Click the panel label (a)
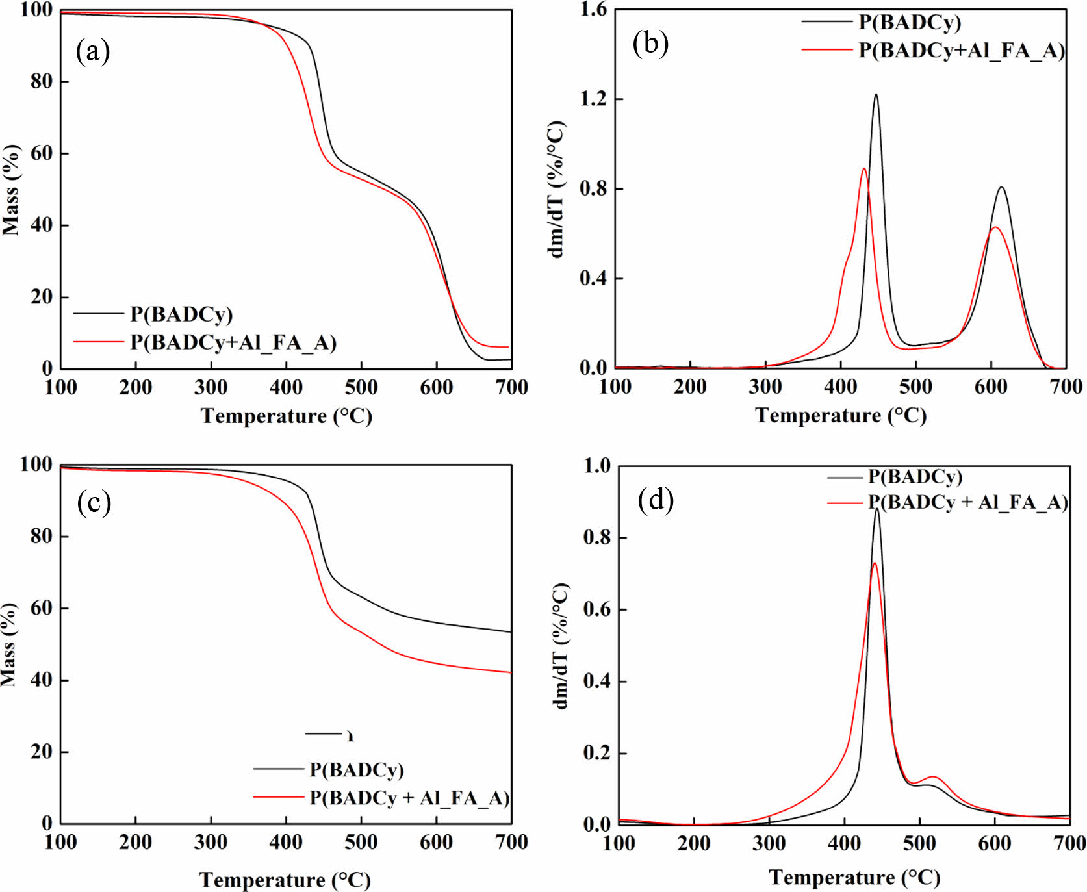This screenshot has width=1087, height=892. tap(92, 51)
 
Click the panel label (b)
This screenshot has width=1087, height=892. tap(650, 44)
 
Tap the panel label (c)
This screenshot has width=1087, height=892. tap(94, 502)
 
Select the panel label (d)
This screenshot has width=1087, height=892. tap(656, 500)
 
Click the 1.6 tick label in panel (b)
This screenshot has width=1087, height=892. tap(593, 10)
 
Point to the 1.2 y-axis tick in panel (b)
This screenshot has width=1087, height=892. tap(593, 99)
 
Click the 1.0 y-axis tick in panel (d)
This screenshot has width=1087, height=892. tap(597, 466)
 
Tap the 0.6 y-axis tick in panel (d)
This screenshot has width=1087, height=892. tap(597, 609)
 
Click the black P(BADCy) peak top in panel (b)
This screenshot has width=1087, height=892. tap(876, 95)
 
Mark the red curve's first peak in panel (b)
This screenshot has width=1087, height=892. tap(864, 169)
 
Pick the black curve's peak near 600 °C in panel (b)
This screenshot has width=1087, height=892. tap(1001, 188)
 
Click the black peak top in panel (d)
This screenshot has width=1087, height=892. tap(876, 509)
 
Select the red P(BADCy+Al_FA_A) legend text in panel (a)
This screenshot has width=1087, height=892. tap(233, 342)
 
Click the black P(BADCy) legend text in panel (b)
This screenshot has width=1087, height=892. tap(910, 22)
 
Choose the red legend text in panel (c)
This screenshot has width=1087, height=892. tap(409, 797)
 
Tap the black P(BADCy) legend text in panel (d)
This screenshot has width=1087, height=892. tap(915, 477)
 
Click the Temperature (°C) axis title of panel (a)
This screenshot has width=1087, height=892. tap(286, 416)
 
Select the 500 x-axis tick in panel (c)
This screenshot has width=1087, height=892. tap(361, 843)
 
